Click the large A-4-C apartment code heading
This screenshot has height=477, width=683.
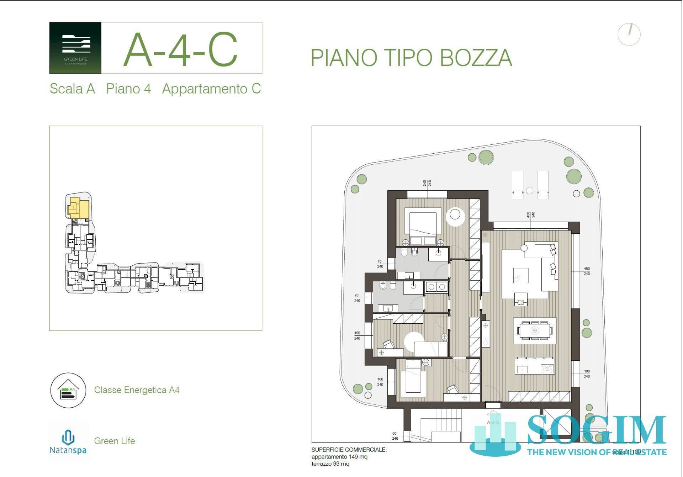181,50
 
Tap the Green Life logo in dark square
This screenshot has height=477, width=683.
75,48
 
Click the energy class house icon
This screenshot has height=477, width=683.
68,390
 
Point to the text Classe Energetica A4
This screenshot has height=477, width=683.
137,390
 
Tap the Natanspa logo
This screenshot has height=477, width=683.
68,441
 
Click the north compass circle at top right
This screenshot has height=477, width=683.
629,34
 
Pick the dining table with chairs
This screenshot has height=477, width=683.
535,331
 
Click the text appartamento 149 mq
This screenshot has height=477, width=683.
339,457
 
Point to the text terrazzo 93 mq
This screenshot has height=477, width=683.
330,464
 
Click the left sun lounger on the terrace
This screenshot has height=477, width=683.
518,184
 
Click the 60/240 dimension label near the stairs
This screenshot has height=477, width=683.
395,436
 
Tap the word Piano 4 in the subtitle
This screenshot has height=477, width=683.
128,89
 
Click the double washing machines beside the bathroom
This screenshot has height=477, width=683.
437,287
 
